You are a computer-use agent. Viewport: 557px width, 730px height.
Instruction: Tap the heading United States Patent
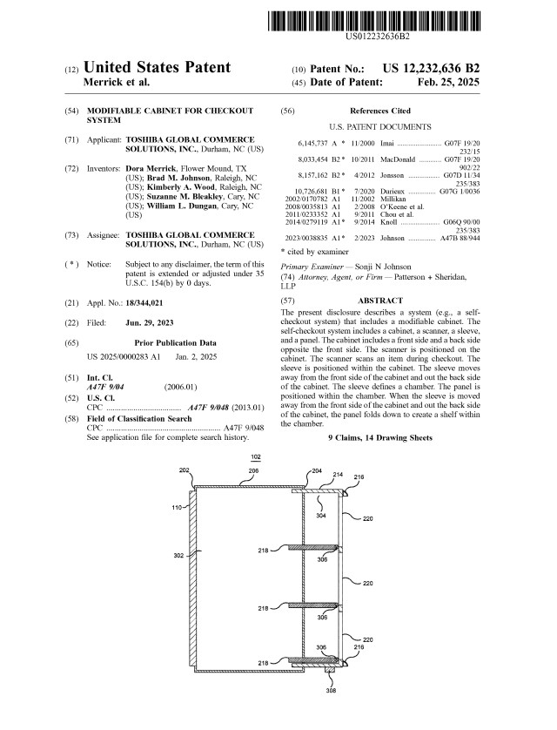pos(157,68)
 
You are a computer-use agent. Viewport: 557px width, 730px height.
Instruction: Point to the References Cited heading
pos(379,112)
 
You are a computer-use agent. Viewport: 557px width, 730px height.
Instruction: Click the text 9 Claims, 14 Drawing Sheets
pos(379,436)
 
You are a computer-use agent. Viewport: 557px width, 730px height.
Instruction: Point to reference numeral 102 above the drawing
pos(256,457)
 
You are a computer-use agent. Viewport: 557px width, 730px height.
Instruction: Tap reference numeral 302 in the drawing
pos(178,555)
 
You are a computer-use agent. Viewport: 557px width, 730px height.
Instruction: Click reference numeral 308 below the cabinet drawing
pos(331,691)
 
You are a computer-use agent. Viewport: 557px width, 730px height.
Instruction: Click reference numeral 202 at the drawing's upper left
pos(185,470)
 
